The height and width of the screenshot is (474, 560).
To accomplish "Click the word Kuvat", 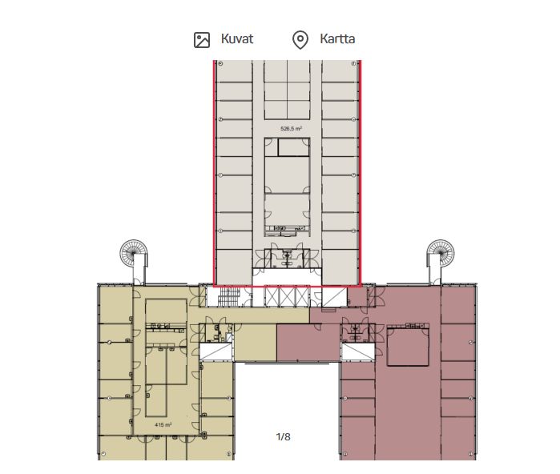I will (x=237, y=38).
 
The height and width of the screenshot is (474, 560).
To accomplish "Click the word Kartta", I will (x=336, y=38).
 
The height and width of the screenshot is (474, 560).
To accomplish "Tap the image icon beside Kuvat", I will (x=202, y=39).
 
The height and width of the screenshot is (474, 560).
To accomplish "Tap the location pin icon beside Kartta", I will (x=300, y=39).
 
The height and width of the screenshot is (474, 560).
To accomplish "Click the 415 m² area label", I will (x=163, y=425).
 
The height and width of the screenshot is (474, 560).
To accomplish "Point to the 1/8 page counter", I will (x=283, y=436).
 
